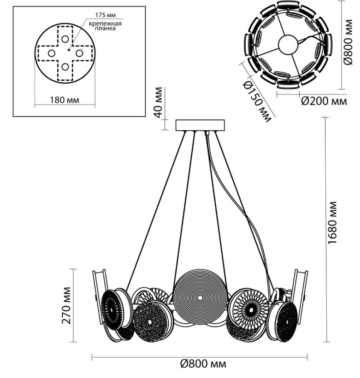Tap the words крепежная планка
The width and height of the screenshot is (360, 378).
point(103,25)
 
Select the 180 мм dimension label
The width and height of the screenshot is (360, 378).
point(65,100)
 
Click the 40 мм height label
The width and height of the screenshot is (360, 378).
point(158,102)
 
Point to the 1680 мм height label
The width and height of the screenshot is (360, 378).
point(335,223)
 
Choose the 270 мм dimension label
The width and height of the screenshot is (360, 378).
point(66,305)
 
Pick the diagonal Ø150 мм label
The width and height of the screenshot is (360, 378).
point(255,102)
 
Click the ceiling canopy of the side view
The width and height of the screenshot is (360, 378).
point(201,125)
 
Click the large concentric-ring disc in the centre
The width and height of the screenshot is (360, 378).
point(200,298)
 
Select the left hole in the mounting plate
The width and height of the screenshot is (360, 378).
point(52,53)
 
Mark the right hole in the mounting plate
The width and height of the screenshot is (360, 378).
point(79,53)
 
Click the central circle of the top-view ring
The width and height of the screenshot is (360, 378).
point(288,45)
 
